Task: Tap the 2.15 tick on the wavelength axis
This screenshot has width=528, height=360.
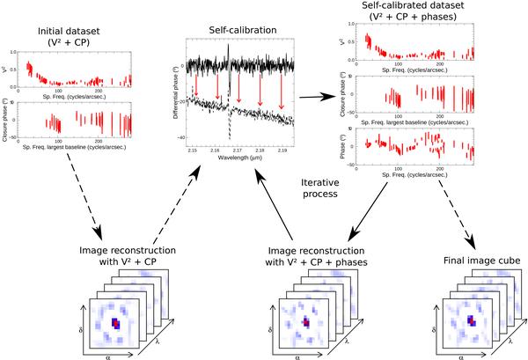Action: coord(193,152)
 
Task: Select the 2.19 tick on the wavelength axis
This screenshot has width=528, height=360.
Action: coord(281,152)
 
